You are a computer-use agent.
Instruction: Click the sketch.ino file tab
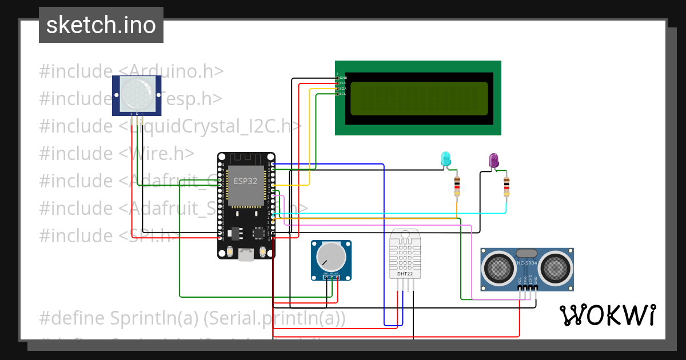(101, 25)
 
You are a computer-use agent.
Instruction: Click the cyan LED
(445, 159)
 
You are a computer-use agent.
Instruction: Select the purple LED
(494, 161)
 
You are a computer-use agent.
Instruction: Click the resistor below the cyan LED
(457, 186)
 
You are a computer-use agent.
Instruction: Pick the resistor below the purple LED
(506, 186)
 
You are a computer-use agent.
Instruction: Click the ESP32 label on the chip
(245, 181)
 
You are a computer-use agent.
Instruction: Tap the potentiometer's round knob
(331, 256)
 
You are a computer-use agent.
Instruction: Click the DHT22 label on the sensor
(405, 274)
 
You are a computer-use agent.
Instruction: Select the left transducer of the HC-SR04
(498, 267)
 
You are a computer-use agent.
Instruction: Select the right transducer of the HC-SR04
(556, 267)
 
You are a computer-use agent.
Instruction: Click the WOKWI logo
(607, 315)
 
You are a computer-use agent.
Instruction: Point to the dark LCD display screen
(418, 98)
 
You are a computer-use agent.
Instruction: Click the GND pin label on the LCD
(343, 78)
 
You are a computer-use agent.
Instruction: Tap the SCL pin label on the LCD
(342, 94)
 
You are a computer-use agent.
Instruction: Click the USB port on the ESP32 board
(246, 255)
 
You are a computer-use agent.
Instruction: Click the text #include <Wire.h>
(117, 153)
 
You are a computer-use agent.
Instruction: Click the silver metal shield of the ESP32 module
(246, 185)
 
